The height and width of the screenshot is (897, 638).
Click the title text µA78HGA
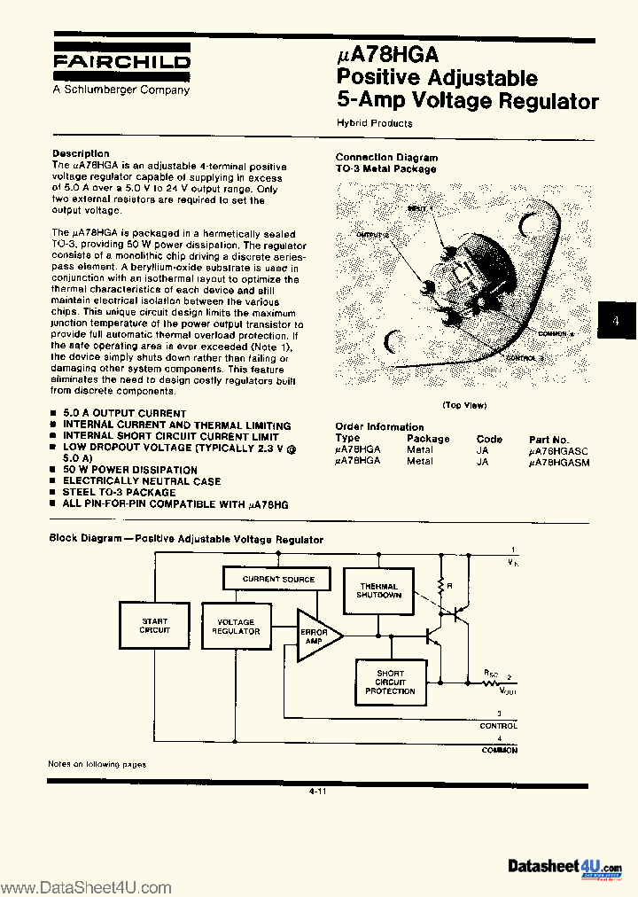point(388,56)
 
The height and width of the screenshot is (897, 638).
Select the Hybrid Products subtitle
point(374,123)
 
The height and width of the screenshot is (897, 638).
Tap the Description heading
point(81,153)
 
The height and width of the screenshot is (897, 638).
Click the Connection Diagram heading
point(386,157)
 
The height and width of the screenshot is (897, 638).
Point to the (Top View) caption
point(464,405)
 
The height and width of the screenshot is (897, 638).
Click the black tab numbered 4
point(616,321)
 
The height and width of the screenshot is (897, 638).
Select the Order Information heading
point(379,426)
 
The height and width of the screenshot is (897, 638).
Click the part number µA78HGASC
point(558,450)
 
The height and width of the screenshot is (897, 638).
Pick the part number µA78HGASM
point(558,462)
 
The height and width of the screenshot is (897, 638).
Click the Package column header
point(428,439)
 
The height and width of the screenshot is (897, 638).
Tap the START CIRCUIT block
point(154,626)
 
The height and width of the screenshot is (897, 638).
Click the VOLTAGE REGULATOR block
point(236,627)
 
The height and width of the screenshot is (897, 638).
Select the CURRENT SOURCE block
point(279,580)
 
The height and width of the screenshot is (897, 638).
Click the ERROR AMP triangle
point(315,636)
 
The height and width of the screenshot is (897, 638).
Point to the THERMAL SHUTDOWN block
point(378,591)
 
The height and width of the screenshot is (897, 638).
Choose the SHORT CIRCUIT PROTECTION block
point(390,682)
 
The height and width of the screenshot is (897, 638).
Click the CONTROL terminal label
point(499,725)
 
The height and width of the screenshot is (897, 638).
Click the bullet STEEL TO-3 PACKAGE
point(119,492)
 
